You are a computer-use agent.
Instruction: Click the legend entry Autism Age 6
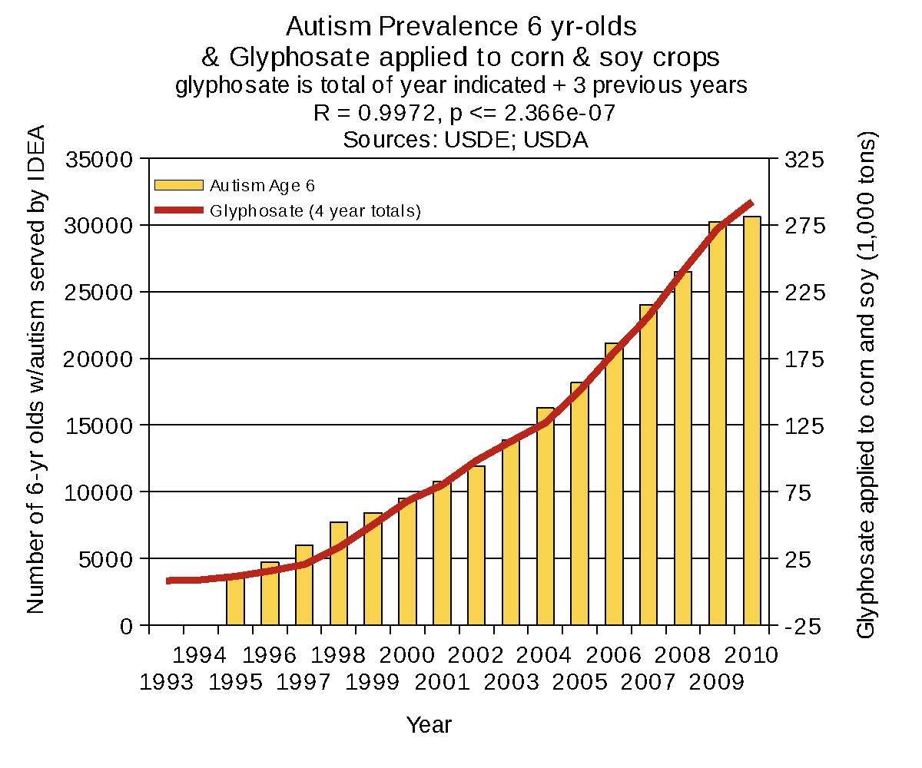tap(262, 185)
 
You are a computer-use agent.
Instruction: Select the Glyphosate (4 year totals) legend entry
tap(315, 210)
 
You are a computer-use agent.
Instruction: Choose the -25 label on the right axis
tap(802, 626)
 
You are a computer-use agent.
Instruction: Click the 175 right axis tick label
tap(802, 359)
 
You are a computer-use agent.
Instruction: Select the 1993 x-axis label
tap(166, 681)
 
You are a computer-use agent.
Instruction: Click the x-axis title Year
tap(429, 724)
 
